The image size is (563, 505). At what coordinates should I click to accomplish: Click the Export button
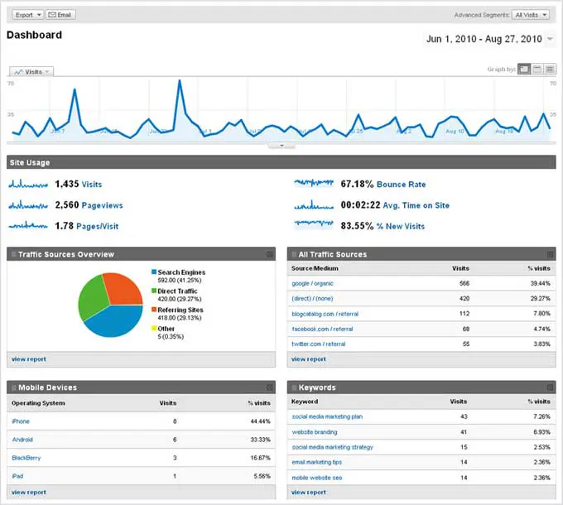pos(27,15)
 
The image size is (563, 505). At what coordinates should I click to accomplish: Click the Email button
pos(60,15)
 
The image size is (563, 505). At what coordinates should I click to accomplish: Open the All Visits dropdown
pos(531,15)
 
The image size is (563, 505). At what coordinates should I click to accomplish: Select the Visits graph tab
pos(31,72)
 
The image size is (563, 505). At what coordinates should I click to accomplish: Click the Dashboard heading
pos(34,35)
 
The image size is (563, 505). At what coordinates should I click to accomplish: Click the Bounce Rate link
pos(402,184)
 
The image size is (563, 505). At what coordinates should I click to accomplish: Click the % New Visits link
pos(401,226)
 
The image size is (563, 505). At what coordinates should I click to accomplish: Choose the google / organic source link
pos(313,283)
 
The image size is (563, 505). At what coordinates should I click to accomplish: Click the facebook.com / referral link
pos(319,329)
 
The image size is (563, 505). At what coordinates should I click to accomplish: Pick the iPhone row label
pos(21,421)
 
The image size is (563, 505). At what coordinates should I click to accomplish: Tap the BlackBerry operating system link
pos(26,457)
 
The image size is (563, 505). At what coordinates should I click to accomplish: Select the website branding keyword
pos(315,432)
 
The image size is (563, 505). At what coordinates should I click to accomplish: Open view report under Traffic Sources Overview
pos(29,359)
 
